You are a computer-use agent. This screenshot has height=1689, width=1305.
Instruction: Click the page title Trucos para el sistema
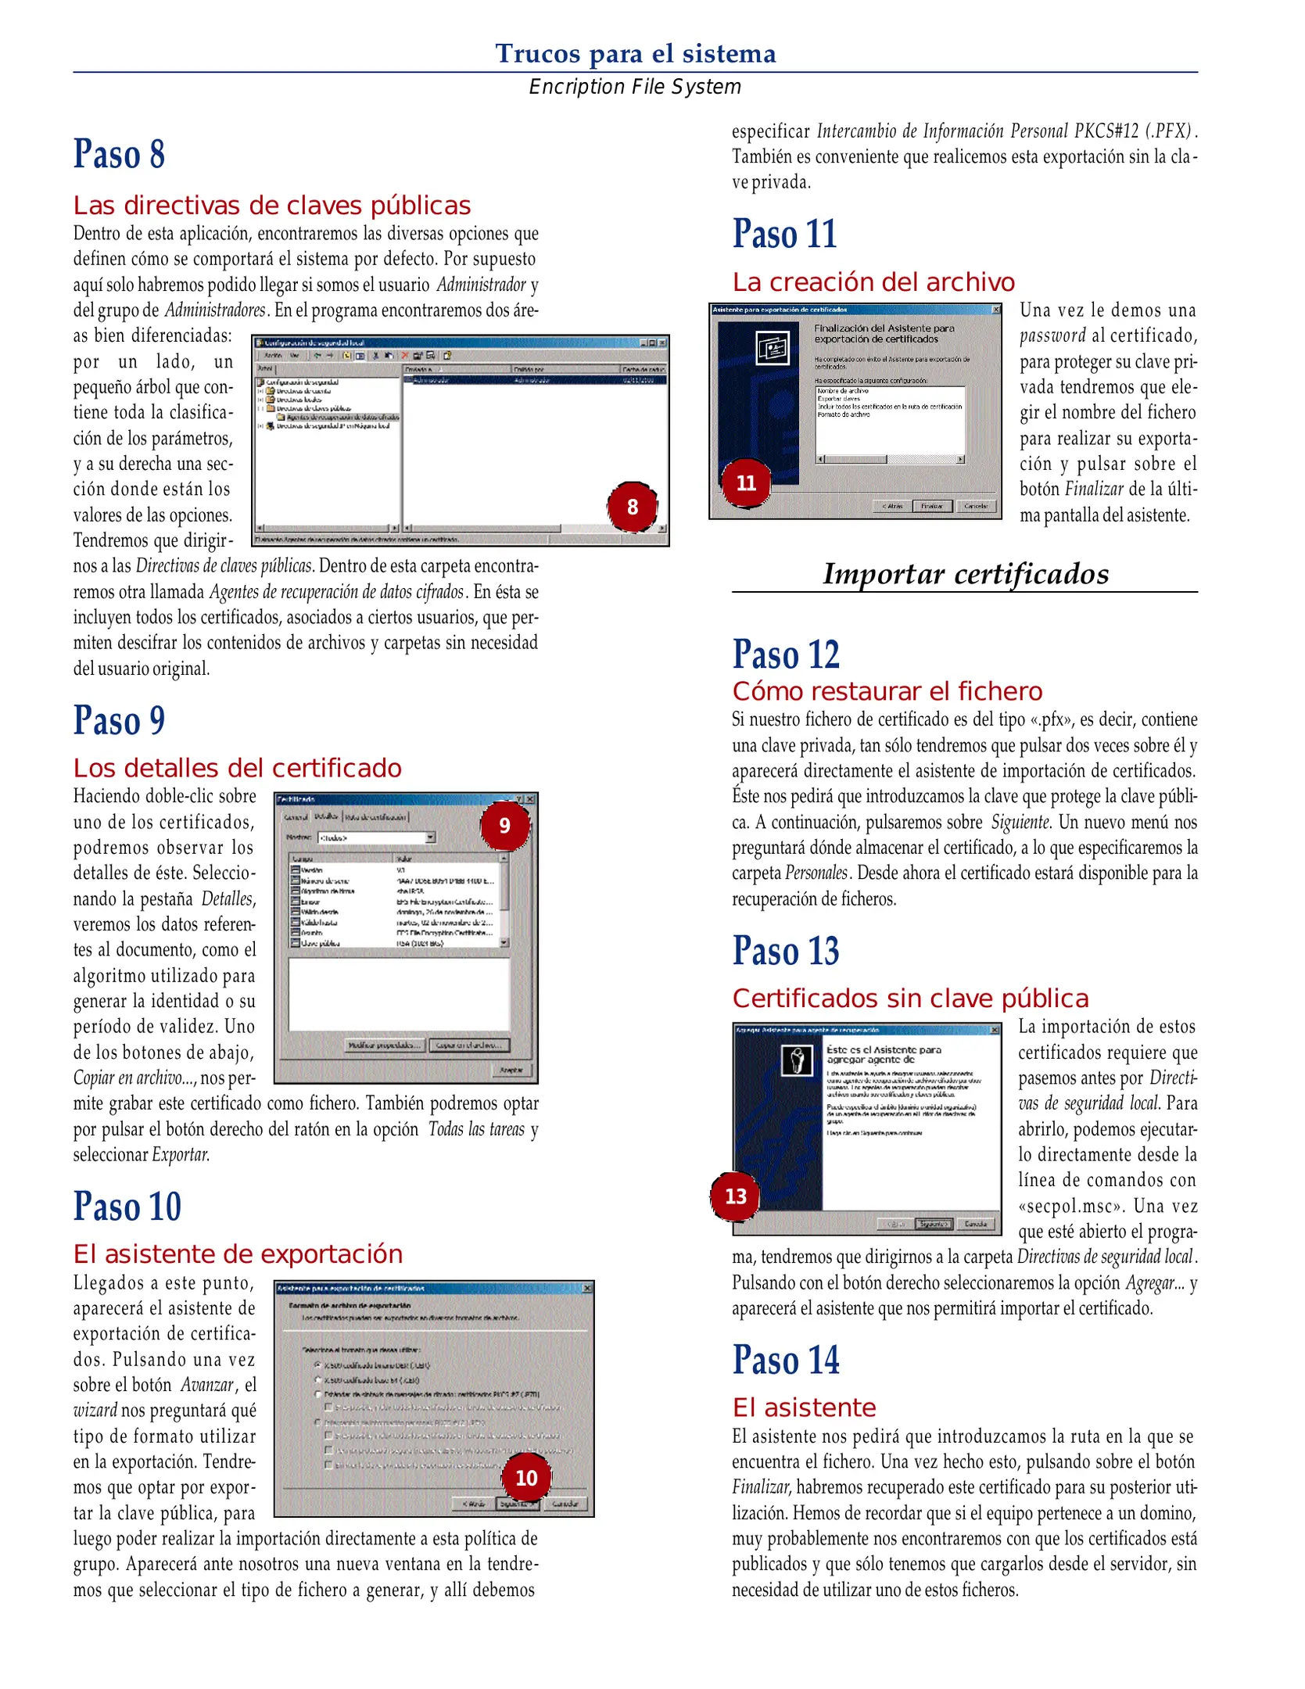(635, 53)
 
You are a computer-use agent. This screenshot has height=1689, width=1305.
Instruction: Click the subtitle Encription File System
(635, 87)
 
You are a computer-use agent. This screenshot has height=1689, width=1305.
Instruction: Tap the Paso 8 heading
(119, 154)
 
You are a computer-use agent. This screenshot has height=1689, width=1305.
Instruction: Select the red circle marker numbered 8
(632, 507)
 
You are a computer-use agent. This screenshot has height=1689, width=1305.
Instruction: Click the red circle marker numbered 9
(504, 826)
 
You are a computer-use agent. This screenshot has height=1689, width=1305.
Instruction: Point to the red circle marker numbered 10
(526, 1478)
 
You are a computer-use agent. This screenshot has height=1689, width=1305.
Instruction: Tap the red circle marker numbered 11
(746, 483)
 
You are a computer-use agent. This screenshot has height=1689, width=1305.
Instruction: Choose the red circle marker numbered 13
(735, 1196)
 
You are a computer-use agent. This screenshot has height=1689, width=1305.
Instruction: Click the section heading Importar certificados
(965, 574)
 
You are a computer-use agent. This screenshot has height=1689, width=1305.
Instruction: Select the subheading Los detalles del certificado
(237, 768)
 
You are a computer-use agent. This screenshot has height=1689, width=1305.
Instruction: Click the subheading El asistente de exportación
(238, 1254)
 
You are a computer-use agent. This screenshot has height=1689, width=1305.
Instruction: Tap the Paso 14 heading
(786, 1360)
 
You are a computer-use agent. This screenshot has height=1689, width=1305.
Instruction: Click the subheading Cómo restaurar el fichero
(887, 691)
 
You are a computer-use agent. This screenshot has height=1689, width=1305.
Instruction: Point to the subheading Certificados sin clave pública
(910, 999)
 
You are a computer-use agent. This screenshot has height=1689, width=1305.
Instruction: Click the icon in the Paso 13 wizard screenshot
(798, 1060)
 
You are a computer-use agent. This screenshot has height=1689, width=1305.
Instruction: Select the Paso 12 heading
(786, 654)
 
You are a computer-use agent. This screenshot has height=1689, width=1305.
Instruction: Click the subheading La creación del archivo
(873, 282)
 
